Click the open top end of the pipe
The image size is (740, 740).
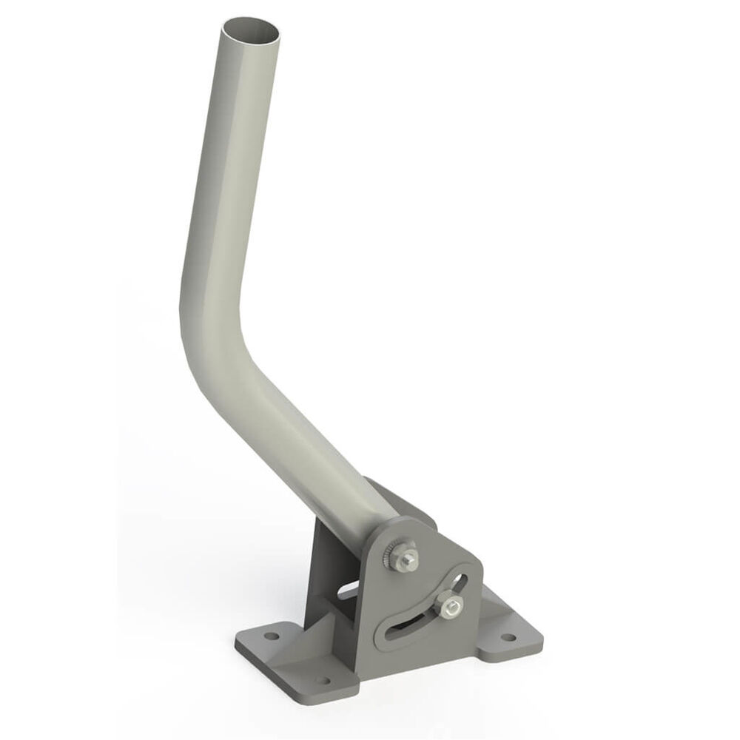coord(252,33)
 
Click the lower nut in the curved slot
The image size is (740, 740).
coord(448,607)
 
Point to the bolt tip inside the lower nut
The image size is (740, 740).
coord(449,606)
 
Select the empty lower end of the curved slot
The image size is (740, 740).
coord(396,633)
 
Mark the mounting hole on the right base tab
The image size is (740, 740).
coord(508,636)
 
